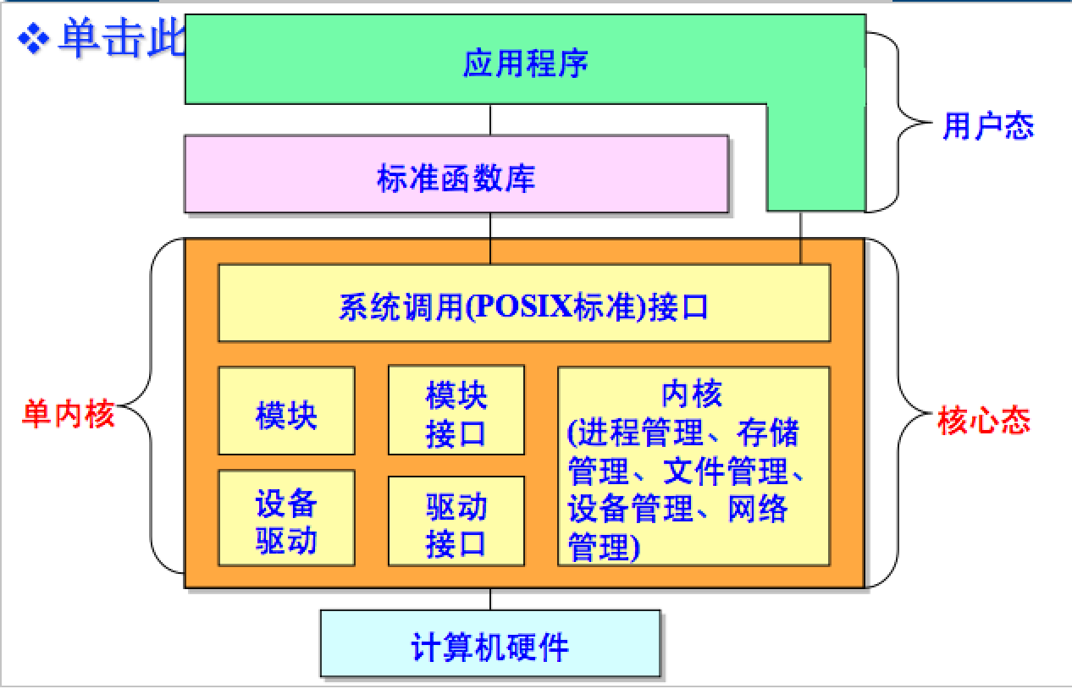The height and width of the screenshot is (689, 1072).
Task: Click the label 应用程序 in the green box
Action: pos(525,64)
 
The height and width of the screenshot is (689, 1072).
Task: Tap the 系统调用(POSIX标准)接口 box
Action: pos(524,304)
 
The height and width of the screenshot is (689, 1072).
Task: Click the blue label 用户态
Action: pos(988,126)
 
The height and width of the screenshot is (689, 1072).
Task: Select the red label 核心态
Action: pos(984,420)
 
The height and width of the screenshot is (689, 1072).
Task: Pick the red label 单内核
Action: pos(68,416)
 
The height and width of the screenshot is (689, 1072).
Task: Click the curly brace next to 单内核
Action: pos(152,406)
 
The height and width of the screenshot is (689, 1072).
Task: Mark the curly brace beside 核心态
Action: pos(902,415)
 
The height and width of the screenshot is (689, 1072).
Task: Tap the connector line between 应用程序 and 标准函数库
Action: pos(490,119)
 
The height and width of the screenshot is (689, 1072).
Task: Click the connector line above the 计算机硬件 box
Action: pos(490,598)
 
